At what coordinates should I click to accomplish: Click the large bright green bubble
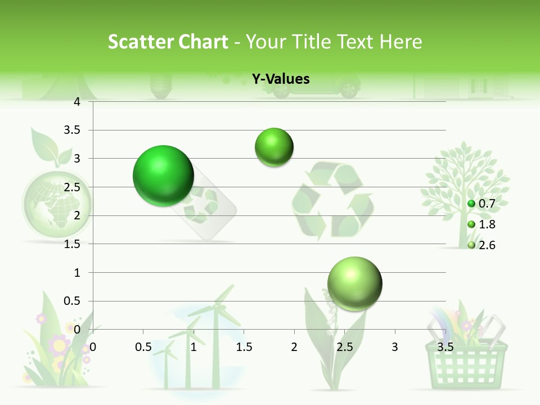(163, 175)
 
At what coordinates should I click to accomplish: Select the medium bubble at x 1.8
(274, 147)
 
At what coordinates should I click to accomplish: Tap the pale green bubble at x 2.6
(354, 283)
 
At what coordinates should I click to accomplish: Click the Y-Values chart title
(280, 79)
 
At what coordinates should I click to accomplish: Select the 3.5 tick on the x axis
(445, 346)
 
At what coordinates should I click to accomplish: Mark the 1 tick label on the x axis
(193, 346)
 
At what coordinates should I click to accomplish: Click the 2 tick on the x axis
(294, 346)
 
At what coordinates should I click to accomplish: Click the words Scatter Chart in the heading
(168, 42)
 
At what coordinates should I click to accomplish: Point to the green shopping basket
(466, 360)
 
